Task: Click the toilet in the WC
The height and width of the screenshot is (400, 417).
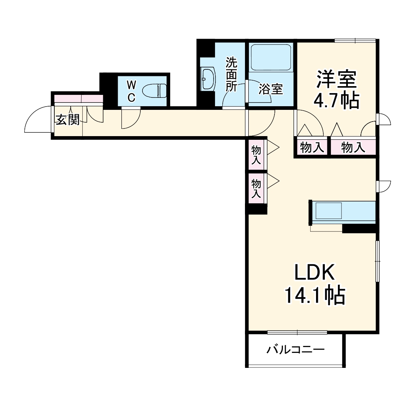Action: (x=155, y=90)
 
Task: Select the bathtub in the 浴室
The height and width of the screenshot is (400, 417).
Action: (x=270, y=57)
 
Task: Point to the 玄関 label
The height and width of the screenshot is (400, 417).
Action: (x=67, y=119)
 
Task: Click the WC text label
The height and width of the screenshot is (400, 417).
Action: (x=131, y=91)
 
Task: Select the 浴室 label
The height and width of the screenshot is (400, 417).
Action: (x=270, y=89)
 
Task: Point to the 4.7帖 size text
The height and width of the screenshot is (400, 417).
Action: (x=336, y=101)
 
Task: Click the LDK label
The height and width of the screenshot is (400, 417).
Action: (x=314, y=272)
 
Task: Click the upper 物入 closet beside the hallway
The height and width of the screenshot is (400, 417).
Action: (x=256, y=155)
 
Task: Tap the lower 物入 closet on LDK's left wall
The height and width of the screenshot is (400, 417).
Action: (x=256, y=188)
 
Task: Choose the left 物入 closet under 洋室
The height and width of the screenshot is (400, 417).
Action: (x=312, y=147)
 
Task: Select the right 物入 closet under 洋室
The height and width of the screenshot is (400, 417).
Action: (x=353, y=147)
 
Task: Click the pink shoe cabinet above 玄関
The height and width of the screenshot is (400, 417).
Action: (x=78, y=99)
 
